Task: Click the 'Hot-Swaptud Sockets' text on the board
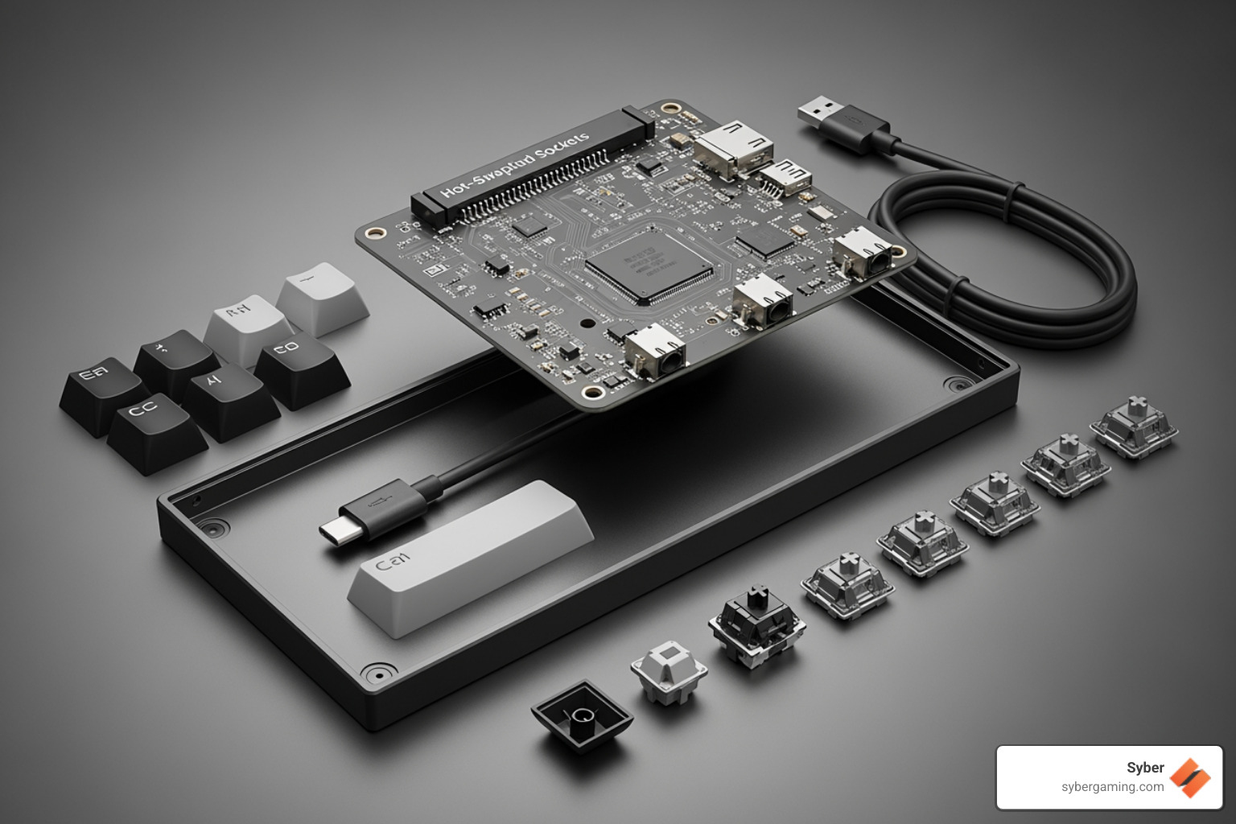tap(515, 165)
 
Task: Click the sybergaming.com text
tap(1112, 787)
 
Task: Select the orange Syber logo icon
tap(1190, 777)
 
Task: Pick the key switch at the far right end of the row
tap(1135, 426)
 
